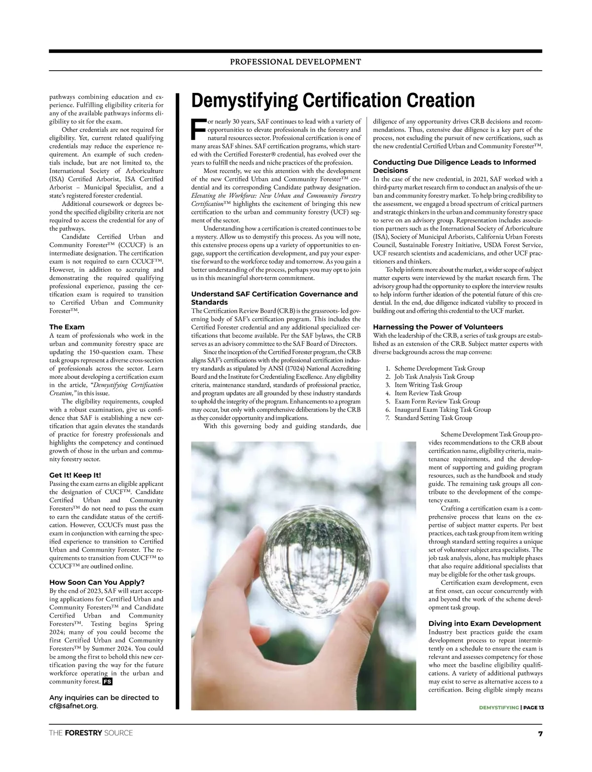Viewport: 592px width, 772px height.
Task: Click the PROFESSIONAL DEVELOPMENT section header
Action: (x=296, y=62)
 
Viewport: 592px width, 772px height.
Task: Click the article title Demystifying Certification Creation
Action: (x=333, y=100)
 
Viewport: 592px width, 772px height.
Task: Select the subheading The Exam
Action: (x=67, y=327)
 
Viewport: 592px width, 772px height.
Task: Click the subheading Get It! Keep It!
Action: (x=75, y=475)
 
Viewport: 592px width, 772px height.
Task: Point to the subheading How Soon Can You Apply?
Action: (x=97, y=582)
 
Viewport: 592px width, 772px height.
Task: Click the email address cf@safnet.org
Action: (x=73, y=706)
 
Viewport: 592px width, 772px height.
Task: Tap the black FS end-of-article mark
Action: (x=107, y=682)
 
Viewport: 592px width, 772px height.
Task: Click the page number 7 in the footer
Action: (x=540, y=733)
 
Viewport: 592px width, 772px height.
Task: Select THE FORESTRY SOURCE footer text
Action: (x=91, y=733)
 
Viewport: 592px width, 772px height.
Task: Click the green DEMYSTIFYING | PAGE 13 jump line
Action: (x=511, y=708)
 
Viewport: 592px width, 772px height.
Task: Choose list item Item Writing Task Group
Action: (x=428, y=385)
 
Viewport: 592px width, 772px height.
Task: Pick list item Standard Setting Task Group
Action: (x=433, y=418)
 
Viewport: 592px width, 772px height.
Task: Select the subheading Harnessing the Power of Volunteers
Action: (x=438, y=327)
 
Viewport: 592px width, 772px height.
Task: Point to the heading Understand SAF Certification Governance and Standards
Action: (x=274, y=298)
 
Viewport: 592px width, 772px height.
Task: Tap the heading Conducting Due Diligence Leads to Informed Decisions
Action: (x=454, y=166)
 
